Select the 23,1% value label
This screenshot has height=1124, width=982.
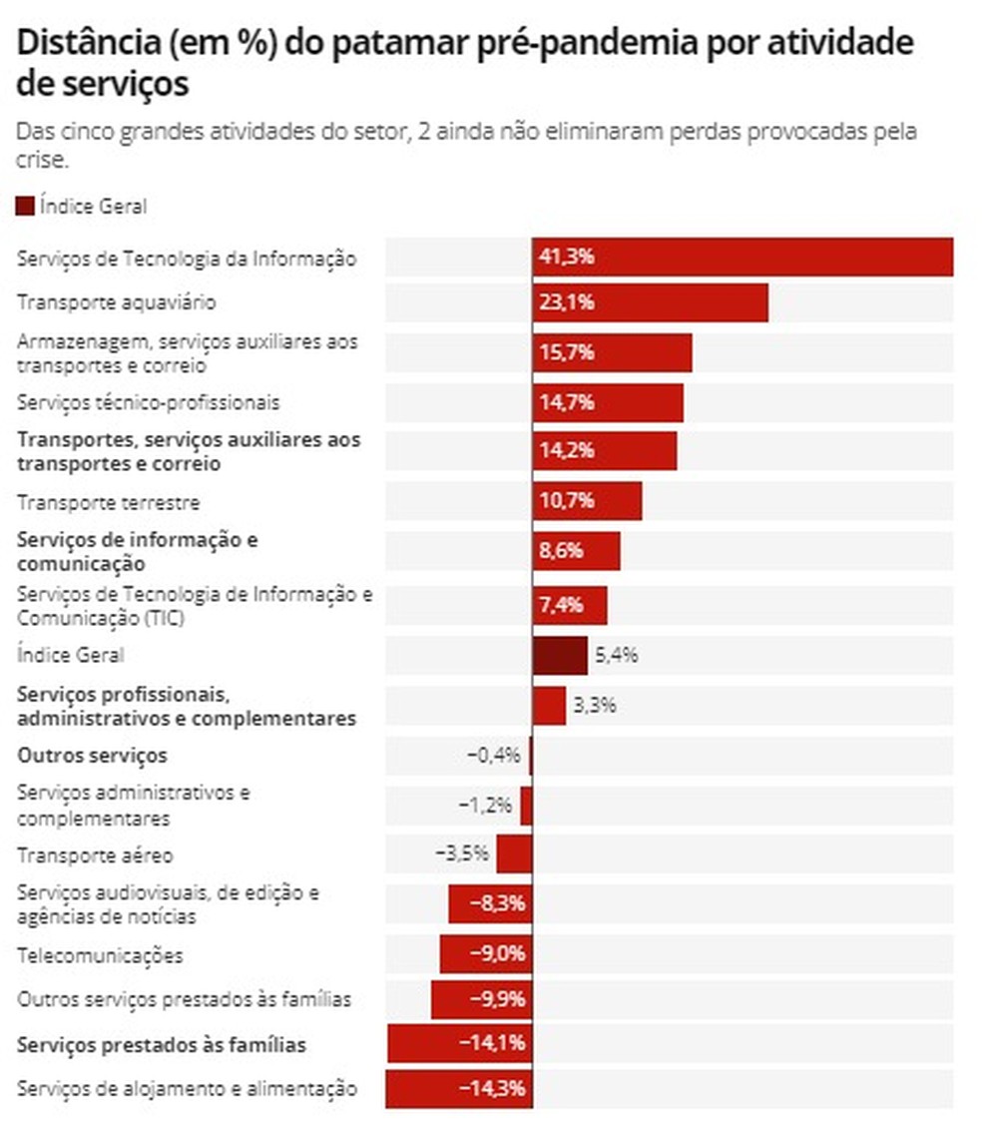567,302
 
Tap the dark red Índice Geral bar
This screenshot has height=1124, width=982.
559,656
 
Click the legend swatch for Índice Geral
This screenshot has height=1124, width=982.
26,207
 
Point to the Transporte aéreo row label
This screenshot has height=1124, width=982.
96,855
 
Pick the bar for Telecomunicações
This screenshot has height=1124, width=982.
485,954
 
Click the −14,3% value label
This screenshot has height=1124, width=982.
491,1088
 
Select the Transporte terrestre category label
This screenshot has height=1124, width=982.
109,502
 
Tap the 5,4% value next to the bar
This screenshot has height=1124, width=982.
616,656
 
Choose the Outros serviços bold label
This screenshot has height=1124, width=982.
92,755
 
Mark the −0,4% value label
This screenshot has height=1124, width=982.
494,756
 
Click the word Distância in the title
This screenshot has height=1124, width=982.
82,44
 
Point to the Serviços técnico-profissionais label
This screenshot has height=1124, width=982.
149,403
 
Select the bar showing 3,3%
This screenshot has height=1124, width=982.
549,706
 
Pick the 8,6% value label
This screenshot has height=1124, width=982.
562,551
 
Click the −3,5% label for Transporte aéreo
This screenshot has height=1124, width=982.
462,854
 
